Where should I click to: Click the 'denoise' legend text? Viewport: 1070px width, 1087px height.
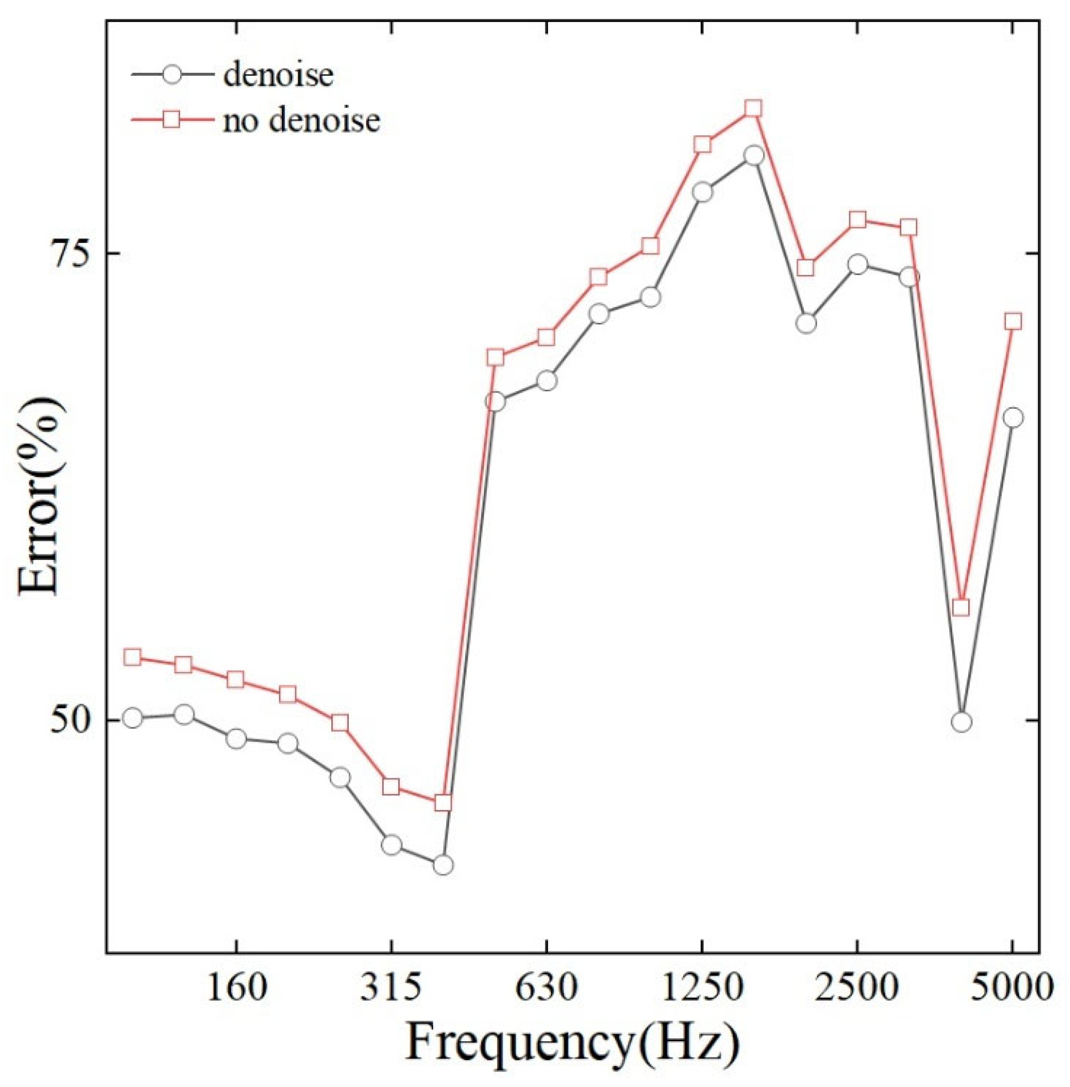click(x=278, y=75)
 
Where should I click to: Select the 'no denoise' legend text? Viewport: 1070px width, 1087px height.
click(x=301, y=120)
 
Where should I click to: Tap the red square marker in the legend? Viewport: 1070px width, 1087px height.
click(x=172, y=120)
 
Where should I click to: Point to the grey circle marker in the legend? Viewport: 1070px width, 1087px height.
click(x=172, y=75)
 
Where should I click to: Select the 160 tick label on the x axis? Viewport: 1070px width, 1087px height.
click(x=236, y=988)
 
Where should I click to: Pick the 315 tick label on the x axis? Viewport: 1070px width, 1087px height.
click(x=391, y=988)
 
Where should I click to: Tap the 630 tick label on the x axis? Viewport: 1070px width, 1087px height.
click(x=546, y=988)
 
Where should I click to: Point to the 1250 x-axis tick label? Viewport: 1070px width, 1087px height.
click(x=702, y=988)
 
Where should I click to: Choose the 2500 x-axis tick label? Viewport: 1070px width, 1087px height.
click(x=857, y=988)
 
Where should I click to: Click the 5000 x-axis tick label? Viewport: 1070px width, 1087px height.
click(x=1012, y=988)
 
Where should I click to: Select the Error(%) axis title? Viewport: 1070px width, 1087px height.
click(x=38, y=495)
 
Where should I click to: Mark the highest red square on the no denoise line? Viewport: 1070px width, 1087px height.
click(x=753, y=109)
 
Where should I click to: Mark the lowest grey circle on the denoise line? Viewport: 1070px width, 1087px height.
click(x=443, y=865)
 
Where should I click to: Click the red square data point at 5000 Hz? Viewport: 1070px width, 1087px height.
click(x=1013, y=322)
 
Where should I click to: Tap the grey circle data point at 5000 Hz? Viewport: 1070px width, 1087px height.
click(x=1013, y=418)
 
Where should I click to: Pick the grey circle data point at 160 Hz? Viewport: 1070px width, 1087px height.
click(x=236, y=739)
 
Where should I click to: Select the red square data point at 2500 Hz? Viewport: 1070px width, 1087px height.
click(x=858, y=220)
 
